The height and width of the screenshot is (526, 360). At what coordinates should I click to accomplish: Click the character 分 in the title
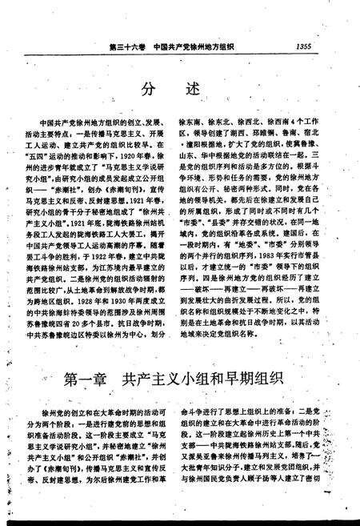pyautogui.click(x=150, y=87)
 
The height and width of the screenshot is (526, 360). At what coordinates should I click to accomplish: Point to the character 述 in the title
pyautogui.click(x=191, y=87)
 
